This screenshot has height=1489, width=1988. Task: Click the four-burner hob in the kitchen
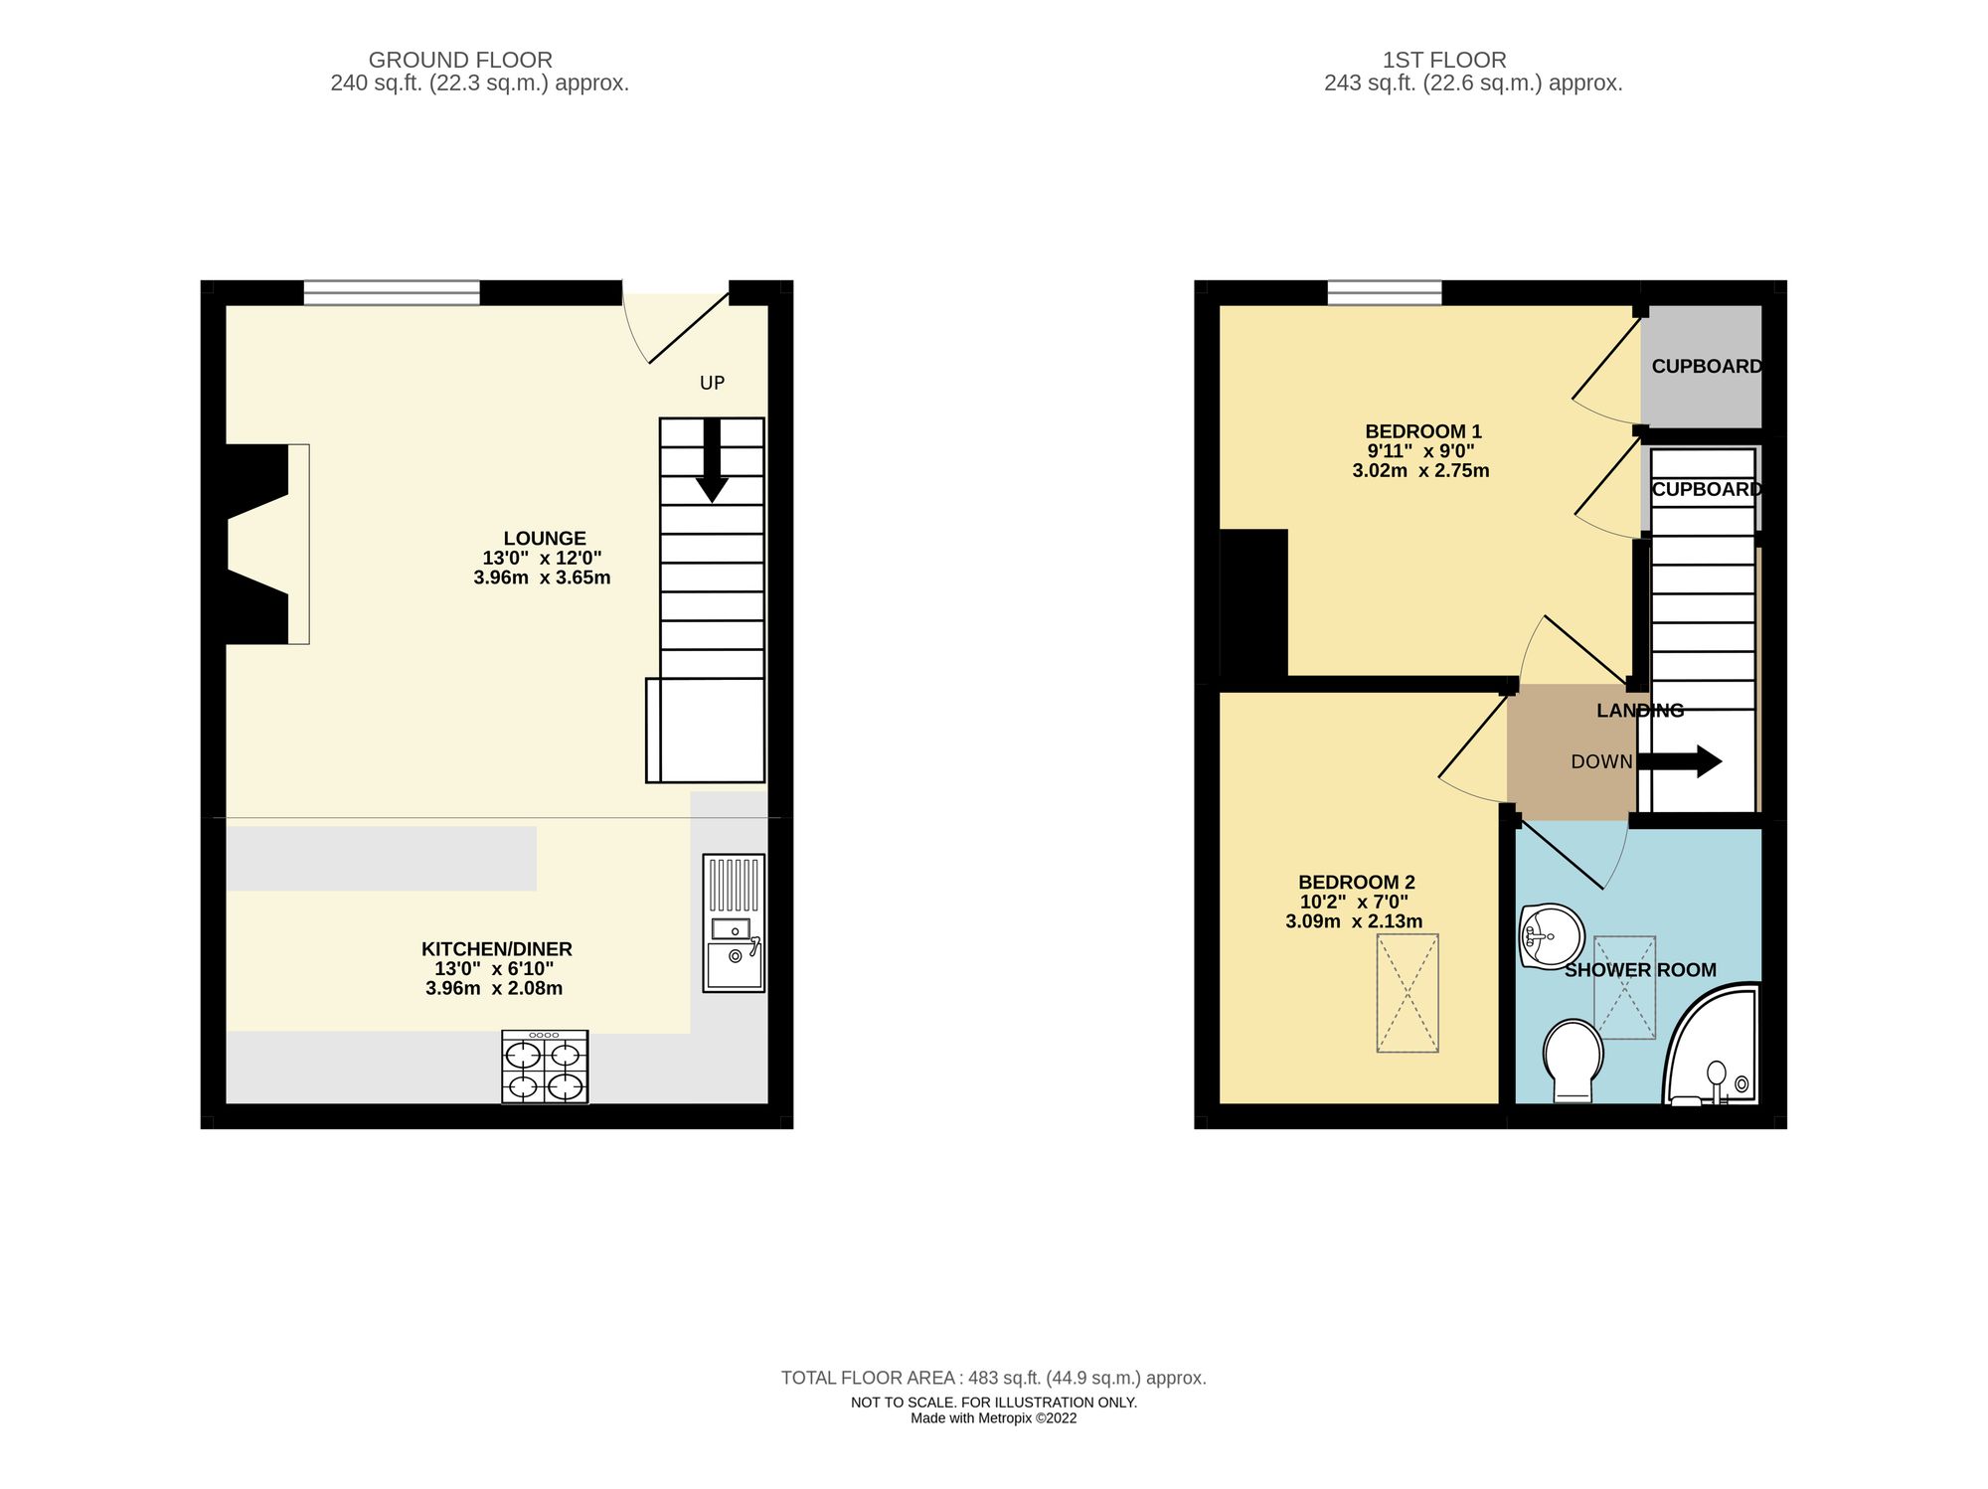pyautogui.click(x=545, y=1068)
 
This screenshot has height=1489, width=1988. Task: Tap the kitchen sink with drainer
pyautogui.click(x=734, y=922)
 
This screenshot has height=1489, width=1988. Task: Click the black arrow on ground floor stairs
pyautogui.click(x=712, y=460)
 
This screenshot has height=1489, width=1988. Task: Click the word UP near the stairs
pyautogui.click(x=712, y=383)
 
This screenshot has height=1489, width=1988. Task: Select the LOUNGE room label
pyautogui.click(x=544, y=539)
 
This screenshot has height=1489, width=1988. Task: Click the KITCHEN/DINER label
pyautogui.click(x=496, y=949)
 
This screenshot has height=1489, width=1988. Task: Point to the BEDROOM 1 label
pyautogui.click(x=1422, y=431)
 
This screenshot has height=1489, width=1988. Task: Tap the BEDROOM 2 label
pyautogui.click(x=1356, y=883)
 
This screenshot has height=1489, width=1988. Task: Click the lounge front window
pyautogui.click(x=392, y=292)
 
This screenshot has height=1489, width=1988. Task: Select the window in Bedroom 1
pyautogui.click(x=1384, y=292)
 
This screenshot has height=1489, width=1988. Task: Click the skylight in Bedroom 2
pyautogui.click(x=1407, y=992)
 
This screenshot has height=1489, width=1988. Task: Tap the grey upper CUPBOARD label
pyautogui.click(x=1706, y=367)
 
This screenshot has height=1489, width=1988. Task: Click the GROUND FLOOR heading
pyautogui.click(x=460, y=60)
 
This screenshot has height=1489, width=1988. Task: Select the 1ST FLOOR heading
pyautogui.click(x=1443, y=60)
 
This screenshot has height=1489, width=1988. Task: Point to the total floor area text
pyautogui.click(x=993, y=1378)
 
